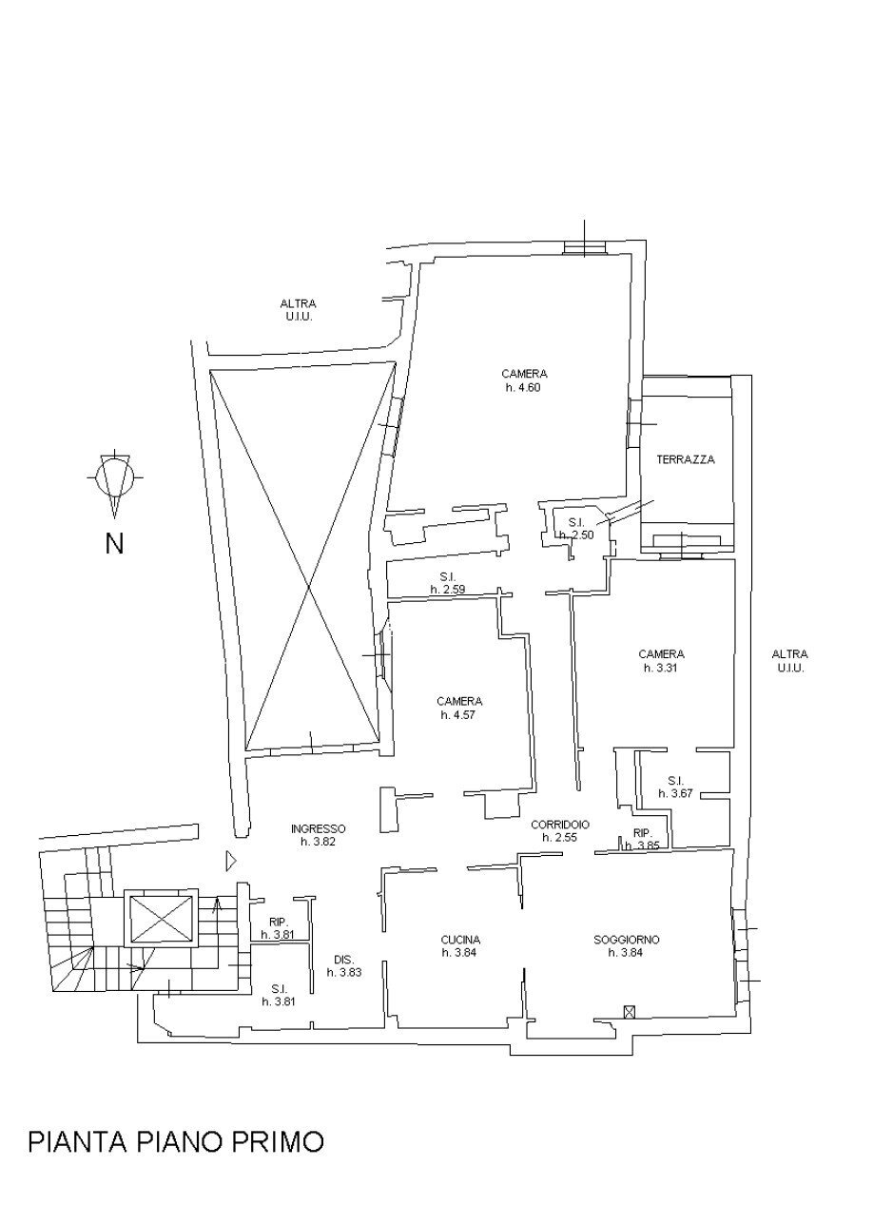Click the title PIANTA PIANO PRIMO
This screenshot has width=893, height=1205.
176,1140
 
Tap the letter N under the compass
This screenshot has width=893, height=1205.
114,544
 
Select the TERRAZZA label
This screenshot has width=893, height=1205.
686,459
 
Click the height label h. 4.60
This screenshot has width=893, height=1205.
524,387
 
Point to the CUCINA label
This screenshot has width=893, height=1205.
460,940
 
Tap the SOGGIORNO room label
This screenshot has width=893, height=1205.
626,940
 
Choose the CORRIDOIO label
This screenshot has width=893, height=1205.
560,825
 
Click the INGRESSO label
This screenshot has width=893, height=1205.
318,828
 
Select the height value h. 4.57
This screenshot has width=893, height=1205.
458,714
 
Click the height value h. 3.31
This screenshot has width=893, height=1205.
661,668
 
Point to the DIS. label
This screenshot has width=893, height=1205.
343,959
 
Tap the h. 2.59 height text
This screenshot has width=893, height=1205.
446,590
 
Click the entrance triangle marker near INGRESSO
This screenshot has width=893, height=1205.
229,861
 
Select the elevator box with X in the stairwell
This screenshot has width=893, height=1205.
160,919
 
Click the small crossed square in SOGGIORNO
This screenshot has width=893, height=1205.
628,1011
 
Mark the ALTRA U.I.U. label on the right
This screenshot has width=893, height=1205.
789,661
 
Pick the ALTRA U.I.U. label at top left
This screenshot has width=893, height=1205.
298,310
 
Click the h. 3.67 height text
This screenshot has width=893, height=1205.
675,793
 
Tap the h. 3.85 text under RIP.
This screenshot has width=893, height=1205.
642,845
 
